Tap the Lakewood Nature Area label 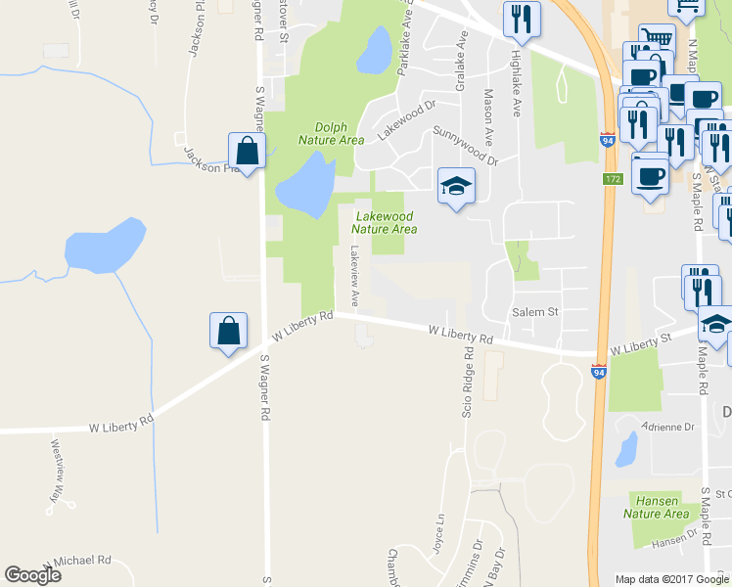tap(385, 222)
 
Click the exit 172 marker tap(613, 179)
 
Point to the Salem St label tap(534, 312)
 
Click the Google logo tap(32, 575)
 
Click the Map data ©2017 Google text tap(671, 579)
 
